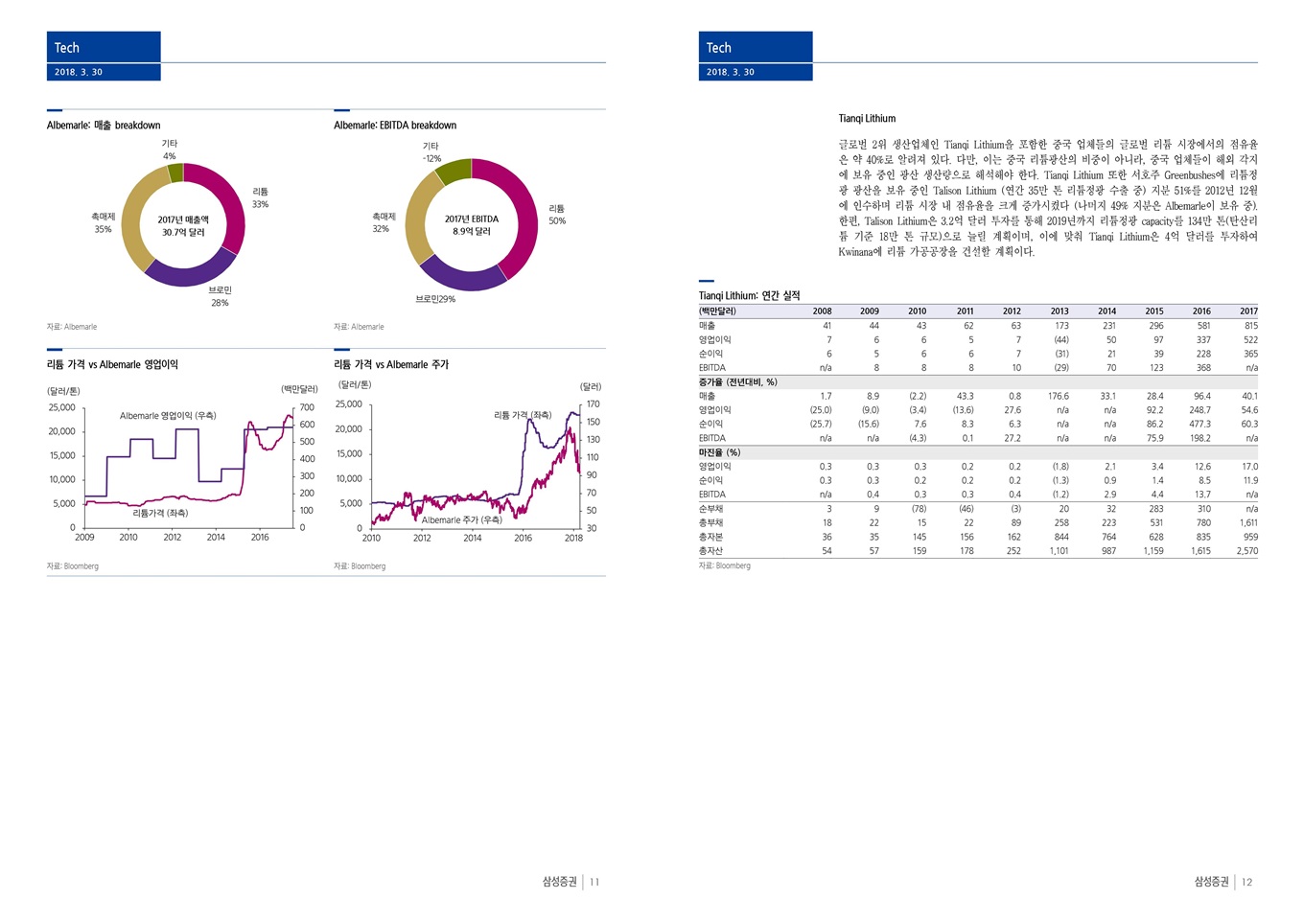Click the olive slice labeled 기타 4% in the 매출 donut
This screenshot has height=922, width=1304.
click(175, 173)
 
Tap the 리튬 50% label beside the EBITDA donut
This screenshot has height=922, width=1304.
click(557, 215)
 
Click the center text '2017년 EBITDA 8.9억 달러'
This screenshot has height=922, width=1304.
click(472, 225)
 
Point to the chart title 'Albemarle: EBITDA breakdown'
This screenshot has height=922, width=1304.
click(395, 126)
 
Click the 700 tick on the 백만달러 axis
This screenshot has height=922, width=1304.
click(307, 407)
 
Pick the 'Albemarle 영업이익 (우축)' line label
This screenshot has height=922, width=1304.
click(168, 416)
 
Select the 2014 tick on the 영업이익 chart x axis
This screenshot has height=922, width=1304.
click(216, 538)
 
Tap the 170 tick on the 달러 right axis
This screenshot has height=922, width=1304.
click(594, 404)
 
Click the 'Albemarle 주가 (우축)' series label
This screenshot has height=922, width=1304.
click(461, 520)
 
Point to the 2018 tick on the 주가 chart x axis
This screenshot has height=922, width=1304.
click(573, 538)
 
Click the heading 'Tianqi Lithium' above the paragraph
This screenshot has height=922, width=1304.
click(867, 119)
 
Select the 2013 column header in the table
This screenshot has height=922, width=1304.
click(1059, 311)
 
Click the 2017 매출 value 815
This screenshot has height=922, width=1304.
click(1250, 326)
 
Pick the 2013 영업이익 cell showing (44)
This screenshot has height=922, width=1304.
click(1060, 340)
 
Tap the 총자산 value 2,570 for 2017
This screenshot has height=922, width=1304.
click(1246, 551)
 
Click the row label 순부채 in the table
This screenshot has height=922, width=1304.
click(710, 509)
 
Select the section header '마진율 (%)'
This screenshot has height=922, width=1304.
click(719, 452)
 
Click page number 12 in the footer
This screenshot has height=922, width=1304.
click(1246, 882)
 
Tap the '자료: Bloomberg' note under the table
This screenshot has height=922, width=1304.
click(725, 566)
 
